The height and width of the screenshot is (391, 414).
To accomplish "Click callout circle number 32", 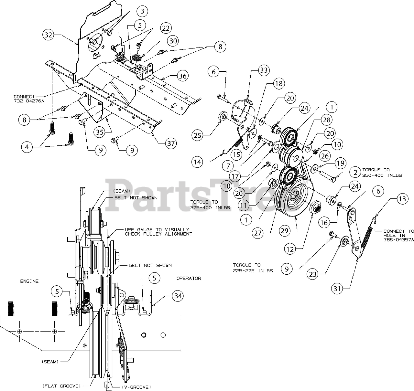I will pyautogui.click(x=48, y=35).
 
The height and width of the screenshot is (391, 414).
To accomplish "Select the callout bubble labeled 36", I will pyautogui.click(x=182, y=76).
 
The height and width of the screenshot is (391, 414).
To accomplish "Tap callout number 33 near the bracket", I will pyautogui.click(x=264, y=70).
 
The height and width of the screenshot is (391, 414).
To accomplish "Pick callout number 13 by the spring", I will pyautogui.click(x=401, y=199).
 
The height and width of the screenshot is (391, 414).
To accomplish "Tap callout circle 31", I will pyautogui.click(x=337, y=289).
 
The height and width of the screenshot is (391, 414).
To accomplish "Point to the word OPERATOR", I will pyautogui.click(x=189, y=278).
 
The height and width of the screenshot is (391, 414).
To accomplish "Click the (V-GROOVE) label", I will pyautogui.click(x=136, y=387).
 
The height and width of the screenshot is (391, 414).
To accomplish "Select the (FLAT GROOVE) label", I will pyautogui.click(x=61, y=386).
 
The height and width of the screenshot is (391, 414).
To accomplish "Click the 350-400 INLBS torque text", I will pyautogui.click(x=382, y=175).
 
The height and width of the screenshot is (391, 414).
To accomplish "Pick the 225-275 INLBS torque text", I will pyautogui.click(x=253, y=270).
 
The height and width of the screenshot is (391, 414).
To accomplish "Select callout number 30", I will pyautogui.click(x=174, y=41).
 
